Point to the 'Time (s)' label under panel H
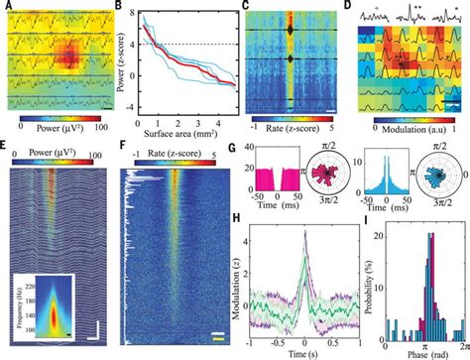(299, 351)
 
